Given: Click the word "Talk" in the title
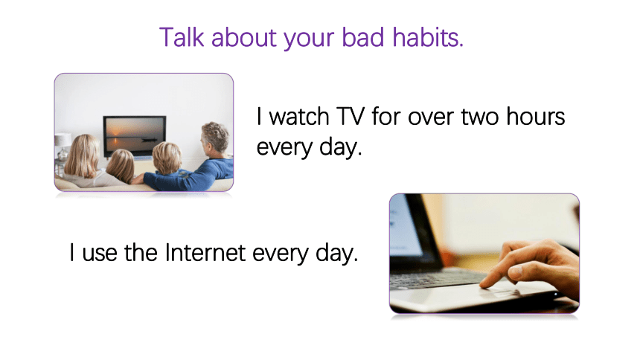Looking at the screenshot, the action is pos(182,37).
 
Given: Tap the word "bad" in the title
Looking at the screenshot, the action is pos(363,37).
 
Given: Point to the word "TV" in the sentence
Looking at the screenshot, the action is pos(351,117).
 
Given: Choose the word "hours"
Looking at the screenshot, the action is pos(536,116).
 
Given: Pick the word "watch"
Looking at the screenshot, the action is pos(299,116).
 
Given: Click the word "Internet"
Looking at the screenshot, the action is pos(205,252).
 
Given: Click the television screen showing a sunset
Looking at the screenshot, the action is pos(135,135).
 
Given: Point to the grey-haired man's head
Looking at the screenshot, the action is pos(214,138).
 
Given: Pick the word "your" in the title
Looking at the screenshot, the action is pos(309,39).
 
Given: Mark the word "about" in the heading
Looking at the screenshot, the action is pos(244,37).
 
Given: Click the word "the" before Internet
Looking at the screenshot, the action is pos(141,252).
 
